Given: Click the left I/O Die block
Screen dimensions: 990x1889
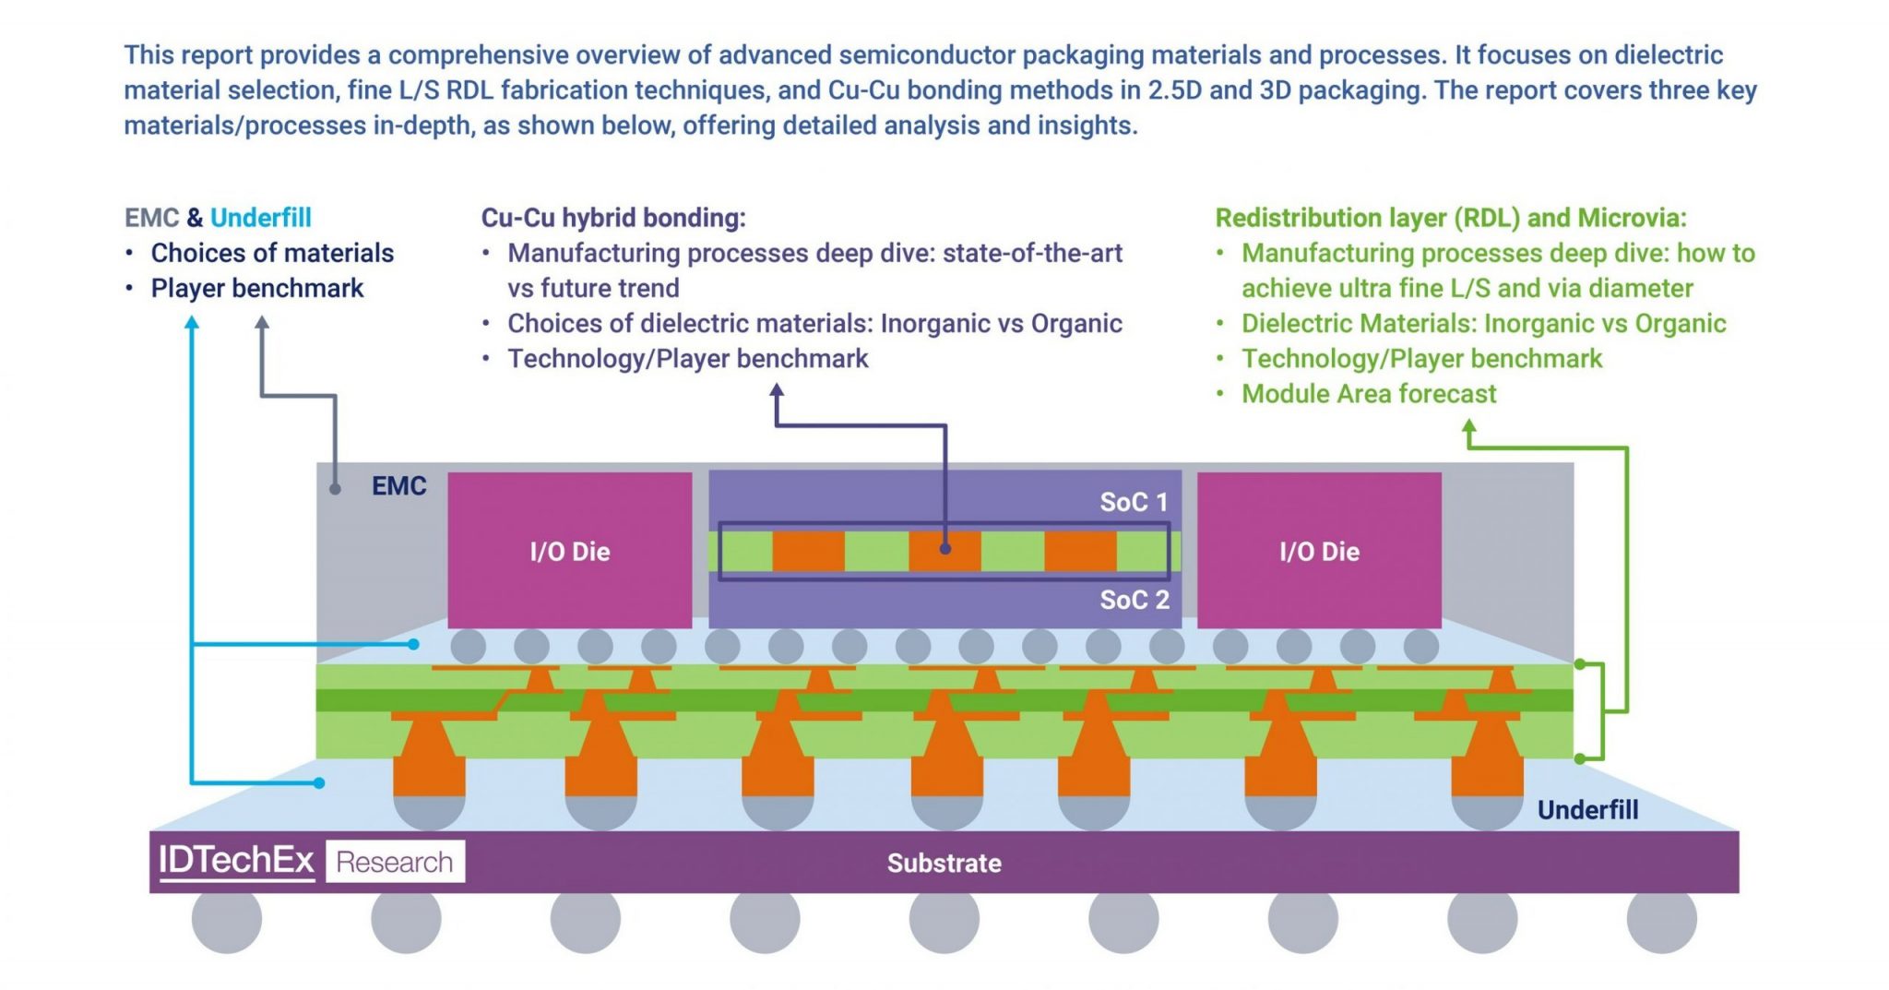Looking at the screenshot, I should [569, 551].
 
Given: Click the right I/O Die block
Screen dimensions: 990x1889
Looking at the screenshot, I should [1319, 551].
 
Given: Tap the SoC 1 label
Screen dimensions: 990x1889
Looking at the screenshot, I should [1134, 502].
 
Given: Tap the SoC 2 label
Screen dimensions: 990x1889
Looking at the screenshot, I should [1135, 600].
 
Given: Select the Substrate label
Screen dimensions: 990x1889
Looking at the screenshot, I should [944, 863].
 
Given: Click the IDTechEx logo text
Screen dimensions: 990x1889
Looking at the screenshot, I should [236, 860].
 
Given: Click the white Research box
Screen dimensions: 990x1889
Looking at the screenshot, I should [395, 862].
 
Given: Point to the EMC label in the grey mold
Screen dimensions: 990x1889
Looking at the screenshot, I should [398, 486].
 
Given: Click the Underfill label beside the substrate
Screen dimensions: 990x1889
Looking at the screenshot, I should [1587, 810].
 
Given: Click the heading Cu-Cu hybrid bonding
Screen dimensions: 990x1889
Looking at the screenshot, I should [613, 218].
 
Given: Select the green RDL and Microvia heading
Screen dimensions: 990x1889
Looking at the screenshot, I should [1450, 218].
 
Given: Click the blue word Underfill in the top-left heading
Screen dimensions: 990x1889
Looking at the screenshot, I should [261, 218].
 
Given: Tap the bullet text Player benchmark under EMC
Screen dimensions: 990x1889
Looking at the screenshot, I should [257, 288].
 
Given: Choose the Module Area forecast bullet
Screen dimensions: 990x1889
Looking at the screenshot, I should [1369, 394].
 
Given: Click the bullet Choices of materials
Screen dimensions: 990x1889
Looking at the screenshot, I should [272, 253].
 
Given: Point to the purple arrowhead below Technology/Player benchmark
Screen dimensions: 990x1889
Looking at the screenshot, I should [777, 391].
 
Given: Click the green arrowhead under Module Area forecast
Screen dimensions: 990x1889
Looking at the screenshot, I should [1469, 427].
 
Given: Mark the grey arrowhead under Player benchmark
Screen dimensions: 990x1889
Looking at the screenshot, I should [262, 323].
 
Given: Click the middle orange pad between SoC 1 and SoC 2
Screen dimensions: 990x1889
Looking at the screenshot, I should [944, 551].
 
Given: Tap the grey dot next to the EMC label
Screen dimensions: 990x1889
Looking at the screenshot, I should [335, 489].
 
